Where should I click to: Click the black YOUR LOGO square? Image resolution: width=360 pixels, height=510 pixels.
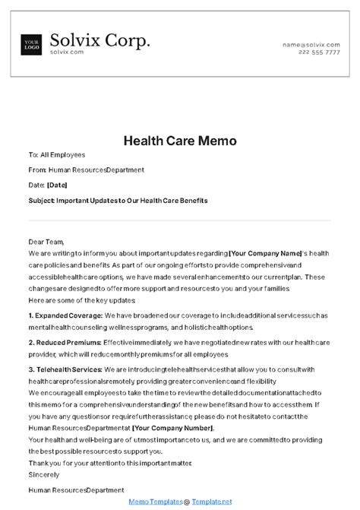tap(32, 44)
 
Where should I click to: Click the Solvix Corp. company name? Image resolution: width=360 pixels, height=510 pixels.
tap(99, 40)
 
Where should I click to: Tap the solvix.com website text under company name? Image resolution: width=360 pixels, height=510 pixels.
tap(65, 52)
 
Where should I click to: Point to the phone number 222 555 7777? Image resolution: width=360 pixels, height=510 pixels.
tap(320, 53)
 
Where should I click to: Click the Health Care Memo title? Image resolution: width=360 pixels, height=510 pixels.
tap(180, 141)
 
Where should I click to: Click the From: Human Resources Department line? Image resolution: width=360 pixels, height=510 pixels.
tap(86, 170)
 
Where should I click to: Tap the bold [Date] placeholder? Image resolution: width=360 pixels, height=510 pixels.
tap(56, 185)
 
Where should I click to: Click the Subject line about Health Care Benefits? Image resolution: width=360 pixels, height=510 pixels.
tap(118, 201)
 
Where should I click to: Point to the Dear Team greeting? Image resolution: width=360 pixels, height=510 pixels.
tap(46, 221)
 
